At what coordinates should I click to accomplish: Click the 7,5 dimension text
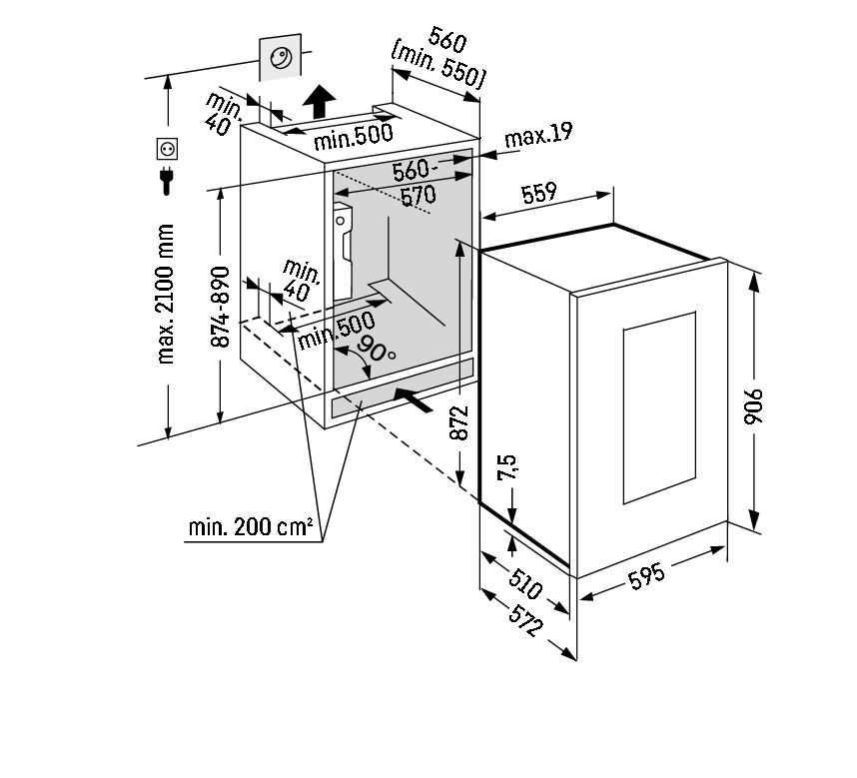point(507,469)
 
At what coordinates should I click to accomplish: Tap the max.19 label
point(538,135)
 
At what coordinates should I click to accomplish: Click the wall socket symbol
point(167,150)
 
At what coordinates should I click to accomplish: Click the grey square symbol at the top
point(279,59)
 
